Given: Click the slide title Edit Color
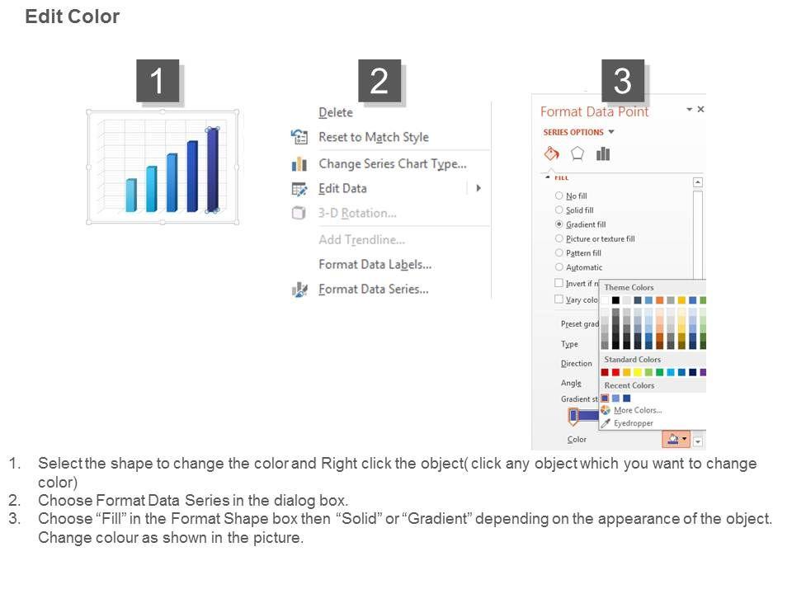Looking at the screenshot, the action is click(73, 16).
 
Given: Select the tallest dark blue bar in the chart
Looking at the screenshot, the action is click(213, 170).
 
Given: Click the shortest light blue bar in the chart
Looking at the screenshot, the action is click(131, 195).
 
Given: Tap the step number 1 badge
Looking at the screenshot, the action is click(158, 81).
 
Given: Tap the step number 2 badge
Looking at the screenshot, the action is click(379, 81).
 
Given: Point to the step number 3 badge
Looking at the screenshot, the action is click(622, 81).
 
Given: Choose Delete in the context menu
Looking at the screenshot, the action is click(336, 113).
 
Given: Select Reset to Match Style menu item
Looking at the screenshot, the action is click(373, 137).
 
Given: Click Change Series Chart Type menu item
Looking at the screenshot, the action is click(393, 163).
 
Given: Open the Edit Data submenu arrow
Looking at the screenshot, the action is click(478, 188).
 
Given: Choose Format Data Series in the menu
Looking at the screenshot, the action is click(373, 289).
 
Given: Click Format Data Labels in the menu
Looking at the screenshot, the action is click(375, 264).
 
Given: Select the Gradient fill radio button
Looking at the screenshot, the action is click(559, 224).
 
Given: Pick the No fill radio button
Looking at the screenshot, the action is click(559, 196).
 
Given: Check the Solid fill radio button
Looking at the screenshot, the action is click(559, 210).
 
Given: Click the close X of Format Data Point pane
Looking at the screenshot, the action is click(700, 109).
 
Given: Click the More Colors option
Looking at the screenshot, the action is click(638, 410).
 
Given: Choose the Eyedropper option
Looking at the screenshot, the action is click(634, 423).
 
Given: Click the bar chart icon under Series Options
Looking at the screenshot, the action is click(603, 153).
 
